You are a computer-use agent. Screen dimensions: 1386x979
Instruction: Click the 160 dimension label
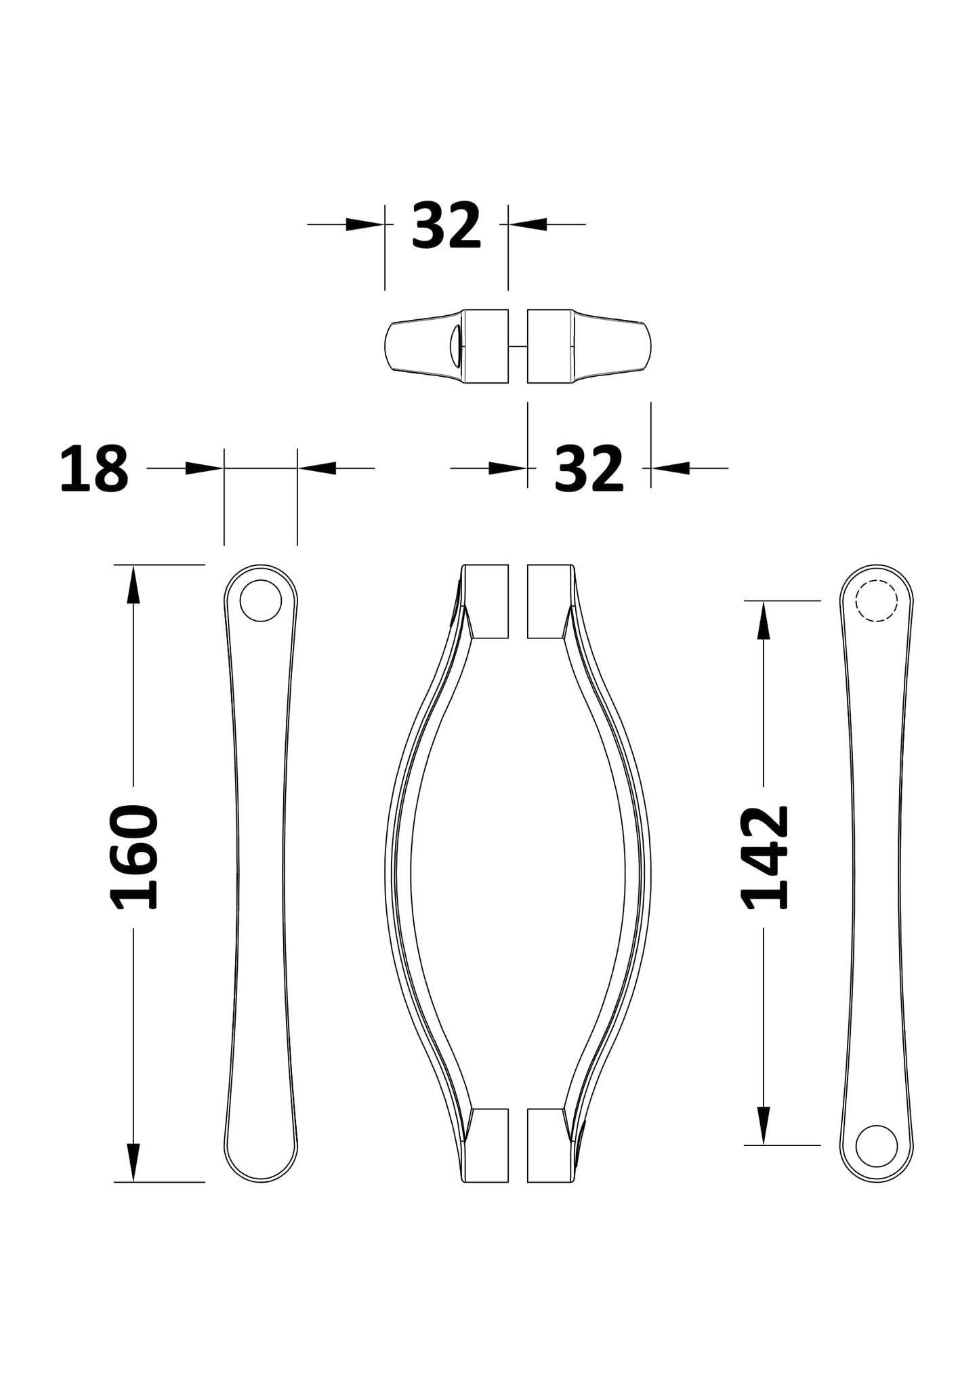pos(133,857)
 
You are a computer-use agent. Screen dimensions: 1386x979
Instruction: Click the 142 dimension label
pos(765,857)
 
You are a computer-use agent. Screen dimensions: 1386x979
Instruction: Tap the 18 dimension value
pos(94,469)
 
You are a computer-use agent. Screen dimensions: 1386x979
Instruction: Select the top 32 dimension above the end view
pos(446,225)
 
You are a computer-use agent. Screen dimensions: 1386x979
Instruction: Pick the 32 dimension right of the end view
pos(588,469)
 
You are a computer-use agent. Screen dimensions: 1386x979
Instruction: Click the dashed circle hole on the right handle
pos(876,600)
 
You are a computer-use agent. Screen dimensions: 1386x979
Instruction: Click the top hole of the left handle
pos(260,600)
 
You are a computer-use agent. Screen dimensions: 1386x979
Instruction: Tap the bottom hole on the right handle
pos(876,1145)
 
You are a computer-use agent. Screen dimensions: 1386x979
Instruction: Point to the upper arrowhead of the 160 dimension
pos(133,584)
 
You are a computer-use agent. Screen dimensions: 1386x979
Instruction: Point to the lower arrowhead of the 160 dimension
pos(133,1162)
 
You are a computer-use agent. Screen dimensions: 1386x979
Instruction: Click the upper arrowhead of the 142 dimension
pos(764,620)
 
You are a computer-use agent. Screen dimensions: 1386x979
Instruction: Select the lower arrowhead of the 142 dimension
pos(764,1126)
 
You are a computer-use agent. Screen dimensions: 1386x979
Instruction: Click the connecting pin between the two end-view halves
pos(518,346)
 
